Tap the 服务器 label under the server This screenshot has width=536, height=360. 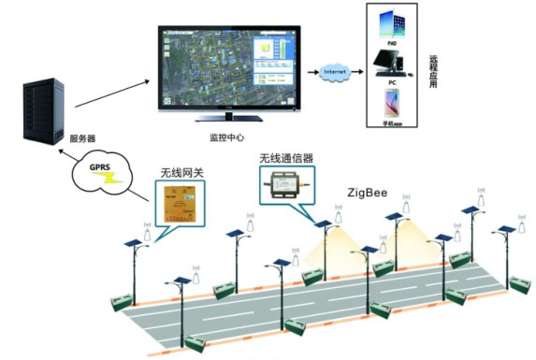(81, 138)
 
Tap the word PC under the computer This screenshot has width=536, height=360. (394, 81)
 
